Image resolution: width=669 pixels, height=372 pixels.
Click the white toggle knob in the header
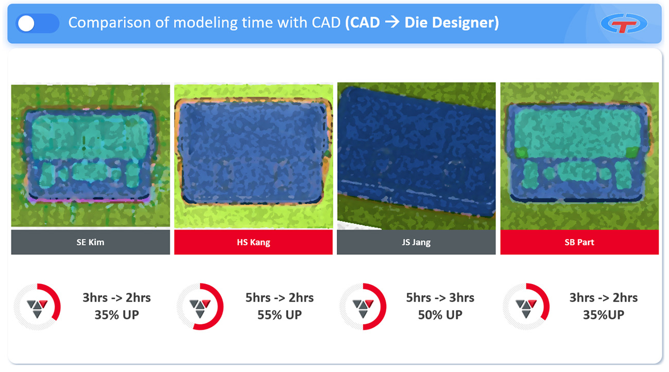[26, 23]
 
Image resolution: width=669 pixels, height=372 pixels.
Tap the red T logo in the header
[624, 23]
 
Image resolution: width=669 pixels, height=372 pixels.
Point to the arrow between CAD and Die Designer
[392, 22]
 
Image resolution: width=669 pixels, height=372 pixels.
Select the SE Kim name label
[91, 242]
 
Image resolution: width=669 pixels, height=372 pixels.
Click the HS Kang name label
[253, 242]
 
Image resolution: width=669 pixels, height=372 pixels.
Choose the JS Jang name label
[416, 242]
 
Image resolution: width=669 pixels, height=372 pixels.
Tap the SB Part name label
[579, 242]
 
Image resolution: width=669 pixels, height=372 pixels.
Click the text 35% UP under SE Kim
[117, 315]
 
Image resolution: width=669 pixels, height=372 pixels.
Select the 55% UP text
[280, 315]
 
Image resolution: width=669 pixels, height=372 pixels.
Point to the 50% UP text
[440, 315]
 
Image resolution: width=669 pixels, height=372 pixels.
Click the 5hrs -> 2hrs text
[280, 298]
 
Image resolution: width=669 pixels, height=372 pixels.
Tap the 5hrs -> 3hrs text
[440, 298]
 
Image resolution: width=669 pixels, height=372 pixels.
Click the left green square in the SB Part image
[522, 152]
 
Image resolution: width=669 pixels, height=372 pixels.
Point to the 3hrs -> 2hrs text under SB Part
[603, 298]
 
